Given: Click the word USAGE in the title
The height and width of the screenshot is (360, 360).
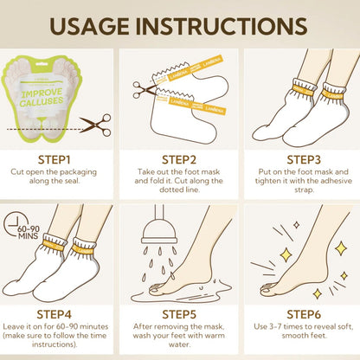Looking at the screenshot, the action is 90,26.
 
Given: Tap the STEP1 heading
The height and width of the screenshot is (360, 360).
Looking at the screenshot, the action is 55,160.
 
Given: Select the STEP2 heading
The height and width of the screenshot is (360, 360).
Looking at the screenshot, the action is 179,160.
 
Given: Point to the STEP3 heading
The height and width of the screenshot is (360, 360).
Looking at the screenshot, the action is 304,160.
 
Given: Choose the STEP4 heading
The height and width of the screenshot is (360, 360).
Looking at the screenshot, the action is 55,314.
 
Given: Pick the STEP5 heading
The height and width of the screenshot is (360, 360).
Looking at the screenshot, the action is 179,314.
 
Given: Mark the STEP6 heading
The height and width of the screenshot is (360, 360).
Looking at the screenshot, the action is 304,314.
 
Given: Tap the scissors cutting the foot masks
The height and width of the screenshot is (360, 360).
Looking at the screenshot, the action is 144,89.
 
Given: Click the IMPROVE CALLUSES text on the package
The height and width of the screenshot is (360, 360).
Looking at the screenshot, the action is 42,97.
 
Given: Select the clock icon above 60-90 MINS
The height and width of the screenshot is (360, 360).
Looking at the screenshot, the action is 12,225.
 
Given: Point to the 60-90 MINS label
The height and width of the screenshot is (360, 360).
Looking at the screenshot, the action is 29,233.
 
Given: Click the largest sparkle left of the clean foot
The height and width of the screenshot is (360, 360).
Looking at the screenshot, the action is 286,254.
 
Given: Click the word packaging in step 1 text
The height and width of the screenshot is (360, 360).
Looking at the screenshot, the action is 78,172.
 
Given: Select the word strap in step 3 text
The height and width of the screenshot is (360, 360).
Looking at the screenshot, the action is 304,190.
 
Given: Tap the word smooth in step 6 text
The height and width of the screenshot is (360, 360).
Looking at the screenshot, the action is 292,336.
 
